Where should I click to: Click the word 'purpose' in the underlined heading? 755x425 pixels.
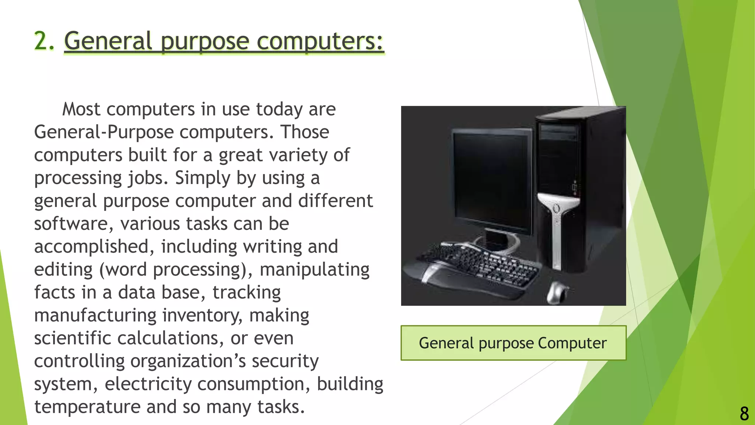pos(205,41)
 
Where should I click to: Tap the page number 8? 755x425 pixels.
pos(744,414)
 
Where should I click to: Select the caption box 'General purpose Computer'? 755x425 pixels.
pos(513,343)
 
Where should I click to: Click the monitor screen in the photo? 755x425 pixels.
pos(490,181)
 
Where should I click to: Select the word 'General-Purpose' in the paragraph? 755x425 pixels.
pos(104,132)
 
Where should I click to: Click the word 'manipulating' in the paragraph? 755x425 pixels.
pos(314,270)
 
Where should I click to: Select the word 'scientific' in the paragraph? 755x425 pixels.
pos(73,338)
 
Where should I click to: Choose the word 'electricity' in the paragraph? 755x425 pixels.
pos(148,384)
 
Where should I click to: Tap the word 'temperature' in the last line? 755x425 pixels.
pos(87,407)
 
